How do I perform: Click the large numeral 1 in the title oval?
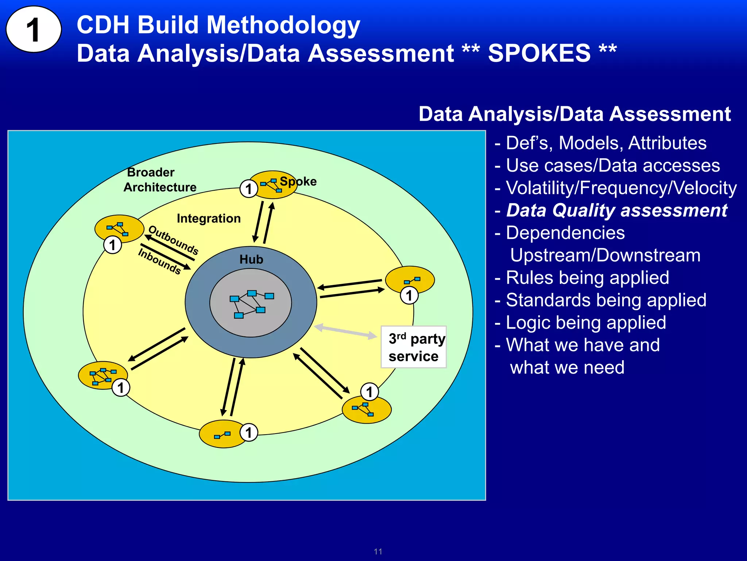(x=33, y=30)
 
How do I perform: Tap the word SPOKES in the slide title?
(x=539, y=53)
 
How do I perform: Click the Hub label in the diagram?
(x=251, y=259)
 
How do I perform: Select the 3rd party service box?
(x=413, y=347)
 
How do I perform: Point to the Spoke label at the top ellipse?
(x=298, y=181)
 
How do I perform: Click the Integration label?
(x=209, y=218)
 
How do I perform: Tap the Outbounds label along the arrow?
(x=174, y=240)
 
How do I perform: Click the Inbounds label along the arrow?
(x=159, y=261)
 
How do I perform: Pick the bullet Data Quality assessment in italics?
(x=616, y=211)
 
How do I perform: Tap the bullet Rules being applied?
(x=587, y=278)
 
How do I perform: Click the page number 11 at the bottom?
(x=378, y=552)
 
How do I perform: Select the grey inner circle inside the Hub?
(x=251, y=318)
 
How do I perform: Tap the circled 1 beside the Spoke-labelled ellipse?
(x=249, y=189)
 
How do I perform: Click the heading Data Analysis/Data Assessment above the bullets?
(x=574, y=114)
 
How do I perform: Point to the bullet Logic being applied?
(x=585, y=323)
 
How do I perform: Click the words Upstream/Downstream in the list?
(x=605, y=255)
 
